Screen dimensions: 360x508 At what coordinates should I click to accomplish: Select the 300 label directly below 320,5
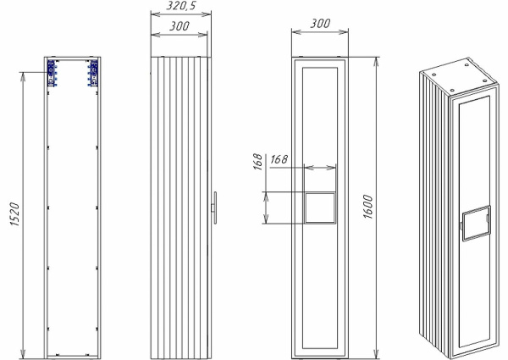(x=178, y=26)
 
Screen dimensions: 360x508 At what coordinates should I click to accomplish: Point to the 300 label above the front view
(x=319, y=24)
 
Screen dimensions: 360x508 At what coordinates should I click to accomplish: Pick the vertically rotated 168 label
(x=257, y=162)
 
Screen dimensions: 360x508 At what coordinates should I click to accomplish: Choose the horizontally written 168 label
(x=279, y=158)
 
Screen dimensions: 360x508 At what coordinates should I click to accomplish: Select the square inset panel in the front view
(x=318, y=208)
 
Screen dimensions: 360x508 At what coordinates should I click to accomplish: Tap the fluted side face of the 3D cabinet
(x=433, y=212)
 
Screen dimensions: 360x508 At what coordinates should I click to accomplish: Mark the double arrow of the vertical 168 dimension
(x=268, y=208)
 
